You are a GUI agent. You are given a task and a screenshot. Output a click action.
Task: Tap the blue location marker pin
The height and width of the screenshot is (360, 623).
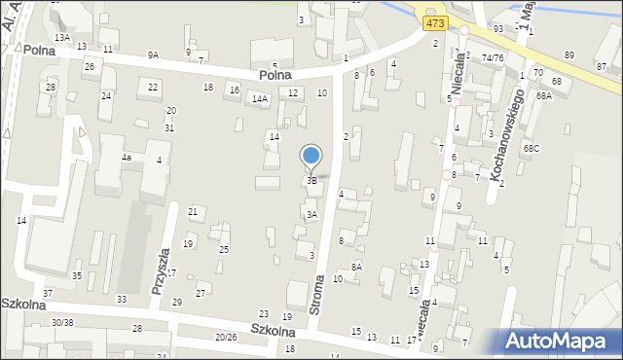[311, 156]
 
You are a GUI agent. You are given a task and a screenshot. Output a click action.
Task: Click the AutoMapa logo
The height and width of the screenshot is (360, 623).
[562, 341]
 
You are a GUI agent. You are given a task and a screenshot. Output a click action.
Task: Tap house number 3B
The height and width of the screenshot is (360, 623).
[311, 180]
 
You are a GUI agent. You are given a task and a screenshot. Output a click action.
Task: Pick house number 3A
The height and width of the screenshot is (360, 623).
[311, 215]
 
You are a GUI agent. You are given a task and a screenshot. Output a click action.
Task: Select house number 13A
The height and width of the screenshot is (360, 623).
[62, 37]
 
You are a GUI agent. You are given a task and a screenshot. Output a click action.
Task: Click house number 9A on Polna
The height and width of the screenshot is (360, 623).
[153, 55]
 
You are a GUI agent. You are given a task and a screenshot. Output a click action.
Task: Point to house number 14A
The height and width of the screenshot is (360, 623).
[259, 98]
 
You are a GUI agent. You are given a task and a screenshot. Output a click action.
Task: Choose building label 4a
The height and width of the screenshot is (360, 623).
[126, 157]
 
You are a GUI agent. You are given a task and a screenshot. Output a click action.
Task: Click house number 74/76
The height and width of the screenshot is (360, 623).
[492, 57]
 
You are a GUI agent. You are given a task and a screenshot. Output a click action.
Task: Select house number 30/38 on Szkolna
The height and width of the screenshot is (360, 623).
[62, 322]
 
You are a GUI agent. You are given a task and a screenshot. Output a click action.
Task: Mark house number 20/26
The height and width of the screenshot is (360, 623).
[226, 337]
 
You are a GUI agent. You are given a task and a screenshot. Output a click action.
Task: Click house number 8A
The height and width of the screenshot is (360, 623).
[356, 267]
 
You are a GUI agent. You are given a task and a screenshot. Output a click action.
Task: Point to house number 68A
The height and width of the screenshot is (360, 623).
[543, 96]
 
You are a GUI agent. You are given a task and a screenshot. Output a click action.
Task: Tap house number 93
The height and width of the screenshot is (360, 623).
[497, 28]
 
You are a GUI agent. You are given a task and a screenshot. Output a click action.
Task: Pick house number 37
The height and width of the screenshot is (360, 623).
[48, 293]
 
